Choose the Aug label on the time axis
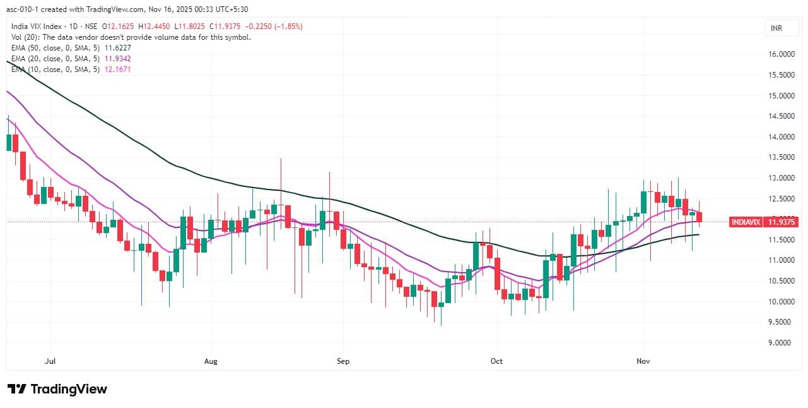pos(211,361)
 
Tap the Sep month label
pos(343,361)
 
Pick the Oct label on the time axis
pos(497,361)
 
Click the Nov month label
pos(643,361)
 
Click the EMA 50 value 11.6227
pos(119,47)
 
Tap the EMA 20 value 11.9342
pos(119,58)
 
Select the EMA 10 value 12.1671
pos(119,69)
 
